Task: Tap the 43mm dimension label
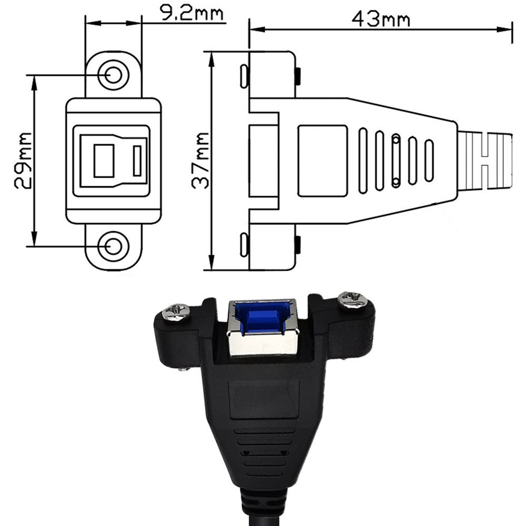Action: pos(381,19)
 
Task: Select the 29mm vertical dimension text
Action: pos(23,160)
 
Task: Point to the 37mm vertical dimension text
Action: pos(200,160)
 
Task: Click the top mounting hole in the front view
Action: pos(113,75)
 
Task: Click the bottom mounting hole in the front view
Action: pos(113,246)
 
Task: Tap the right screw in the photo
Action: pos(352,300)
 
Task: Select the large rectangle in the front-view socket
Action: pos(104,160)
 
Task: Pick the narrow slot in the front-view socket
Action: pos(137,161)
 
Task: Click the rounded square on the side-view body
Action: pos(322,160)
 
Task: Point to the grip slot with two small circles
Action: pos(396,160)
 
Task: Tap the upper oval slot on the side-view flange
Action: pos(244,76)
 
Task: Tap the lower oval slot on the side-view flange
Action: pos(244,245)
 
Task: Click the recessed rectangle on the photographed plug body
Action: pos(264,399)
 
